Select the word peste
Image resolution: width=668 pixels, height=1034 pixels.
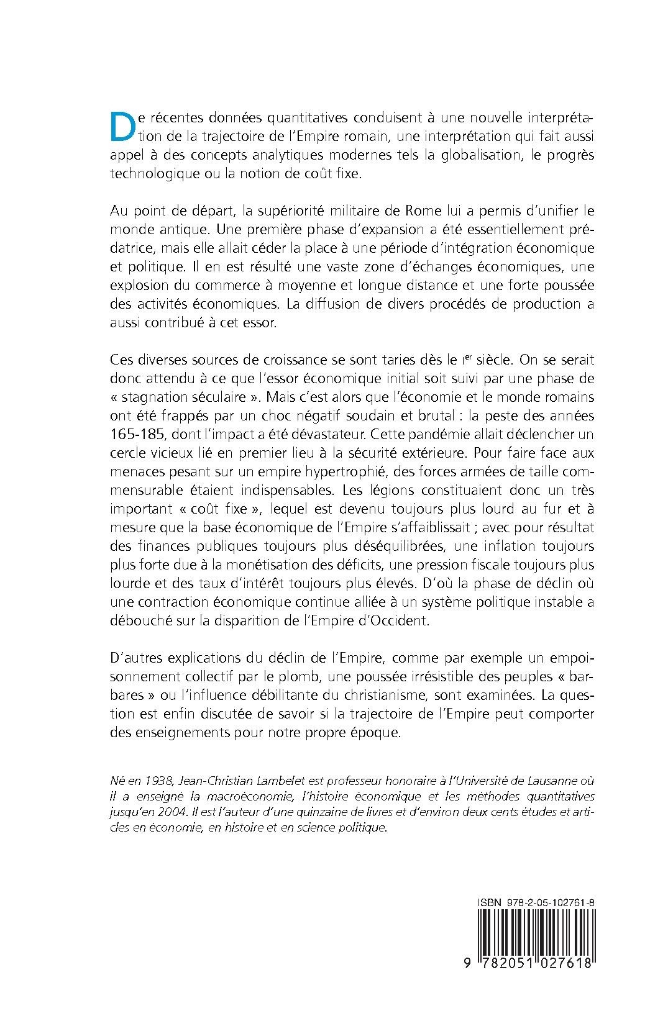click(x=501, y=415)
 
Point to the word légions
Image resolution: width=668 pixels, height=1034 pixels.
click(x=411, y=490)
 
